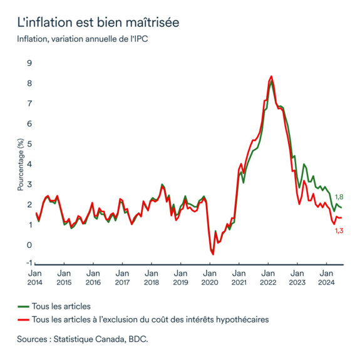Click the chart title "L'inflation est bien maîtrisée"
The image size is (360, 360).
pyautogui.click(x=98, y=23)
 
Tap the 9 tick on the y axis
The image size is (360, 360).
pyautogui.click(x=29, y=63)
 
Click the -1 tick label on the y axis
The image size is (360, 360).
pyautogui.click(x=28, y=264)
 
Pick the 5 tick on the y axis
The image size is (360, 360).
pyautogui.click(x=29, y=143)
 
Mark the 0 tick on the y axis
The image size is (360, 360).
pyautogui.click(x=29, y=244)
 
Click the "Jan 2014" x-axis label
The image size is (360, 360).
pyautogui.click(x=34, y=277)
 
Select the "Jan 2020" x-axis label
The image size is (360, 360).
pyautogui.click(x=209, y=277)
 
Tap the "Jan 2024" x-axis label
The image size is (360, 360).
pyautogui.click(x=326, y=277)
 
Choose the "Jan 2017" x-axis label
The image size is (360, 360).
pyautogui.click(x=122, y=277)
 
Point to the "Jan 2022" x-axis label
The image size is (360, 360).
pyautogui.click(x=267, y=277)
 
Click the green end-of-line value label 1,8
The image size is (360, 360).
pyautogui.click(x=339, y=197)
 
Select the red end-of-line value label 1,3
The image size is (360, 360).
pyautogui.click(x=339, y=230)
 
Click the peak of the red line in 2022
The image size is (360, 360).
pyautogui.click(x=270, y=76)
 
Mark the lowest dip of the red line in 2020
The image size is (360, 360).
pyautogui.click(x=213, y=254)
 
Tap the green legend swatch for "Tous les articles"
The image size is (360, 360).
pyautogui.click(x=24, y=306)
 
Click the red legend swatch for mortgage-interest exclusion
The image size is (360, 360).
pyautogui.click(x=24, y=319)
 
